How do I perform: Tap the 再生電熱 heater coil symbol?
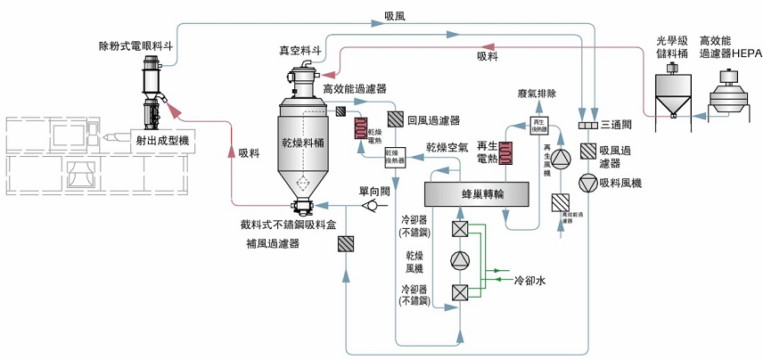pyautogui.click(x=508, y=153)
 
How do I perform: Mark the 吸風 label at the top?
pyautogui.click(x=395, y=15)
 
